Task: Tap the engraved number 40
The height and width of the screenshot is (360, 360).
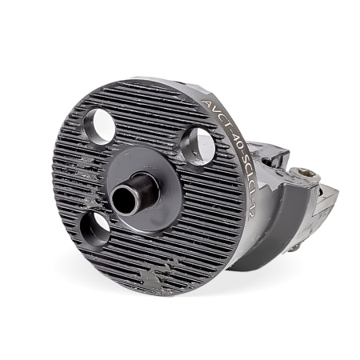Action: [234, 141]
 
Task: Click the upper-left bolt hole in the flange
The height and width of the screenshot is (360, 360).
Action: [100, 126]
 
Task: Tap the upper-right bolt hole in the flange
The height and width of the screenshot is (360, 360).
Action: [198, 146]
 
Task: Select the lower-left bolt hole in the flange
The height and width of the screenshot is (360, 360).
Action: [95, 229]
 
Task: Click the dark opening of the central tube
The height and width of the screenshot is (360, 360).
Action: [124, 201]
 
